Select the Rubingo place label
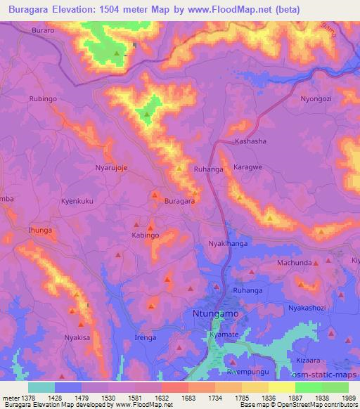coord(43,99)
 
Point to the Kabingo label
coord(146,236)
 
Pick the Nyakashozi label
coord(308,309)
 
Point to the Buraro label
coord(43,32)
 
